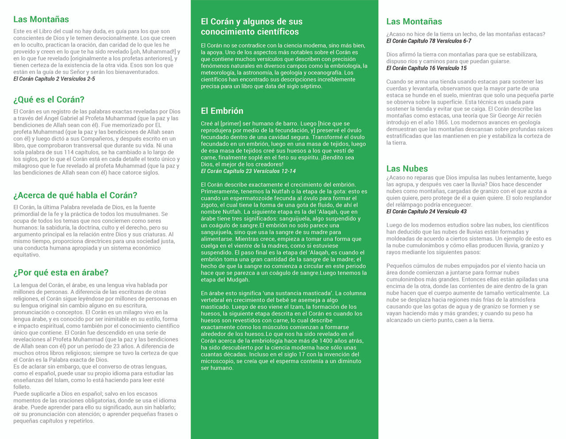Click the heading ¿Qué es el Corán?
point(49,100)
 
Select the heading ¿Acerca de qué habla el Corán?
point(75,195)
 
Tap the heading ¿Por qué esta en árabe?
point(61,273)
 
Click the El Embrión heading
point(222,111)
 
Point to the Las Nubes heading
point(407,169)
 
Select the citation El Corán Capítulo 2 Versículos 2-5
point(54,79)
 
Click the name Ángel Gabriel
point(55,118)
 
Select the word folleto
point(22,387)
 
